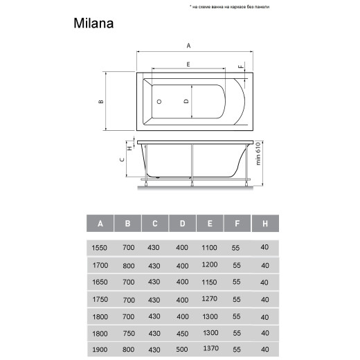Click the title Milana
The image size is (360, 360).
pyautogui.click(x=93, y=22)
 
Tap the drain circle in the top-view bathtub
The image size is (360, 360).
pyautogui.click(x=160, y=101)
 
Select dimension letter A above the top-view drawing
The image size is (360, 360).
pyautogui.click(x=188, y=46)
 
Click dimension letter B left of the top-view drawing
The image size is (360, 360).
pyautogui.click(x=100, y=101)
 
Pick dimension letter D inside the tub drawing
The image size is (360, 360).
pyautogui.click(x=186, y=101)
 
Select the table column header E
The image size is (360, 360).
pyautogui.click(x=209, y=224)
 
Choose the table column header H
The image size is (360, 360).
pyautogui.click(x=264, y=224)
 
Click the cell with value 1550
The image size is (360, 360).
pyautogui.click(x=100, y=247)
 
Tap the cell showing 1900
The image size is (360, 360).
pyautogui.click(x=100, y=351)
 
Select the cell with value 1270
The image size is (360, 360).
pyautogui.click(x=209, y=299)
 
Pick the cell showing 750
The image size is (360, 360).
pyautogui.click(x=128, y=334)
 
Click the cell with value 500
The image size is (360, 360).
pyautogui.click(x=182, y=351)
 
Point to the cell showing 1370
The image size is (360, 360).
pyautogui.click(x=209, y=350)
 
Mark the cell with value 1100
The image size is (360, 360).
pyautogui.click(x=209, y=247)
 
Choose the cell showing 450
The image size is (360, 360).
pyautogui.click(x=182, y=334)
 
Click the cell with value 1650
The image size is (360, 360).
pyautogui.click(x=100, y=282)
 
